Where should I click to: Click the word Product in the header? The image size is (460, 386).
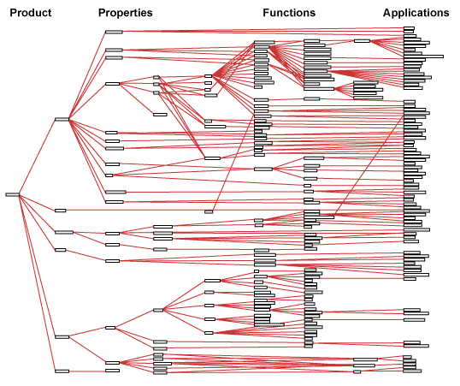[x=31, y=13]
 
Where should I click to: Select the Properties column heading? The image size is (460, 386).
[x=126, y=13]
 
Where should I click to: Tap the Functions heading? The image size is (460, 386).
[x=289, y=13]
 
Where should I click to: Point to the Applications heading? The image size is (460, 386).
[x=416, y=13]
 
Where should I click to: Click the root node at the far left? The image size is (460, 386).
[x=13, y=194]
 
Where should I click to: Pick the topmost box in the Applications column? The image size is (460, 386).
[x=409, y=28]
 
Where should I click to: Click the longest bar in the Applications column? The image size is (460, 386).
[x=423, y=56]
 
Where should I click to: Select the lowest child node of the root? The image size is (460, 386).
[x=62, y=371]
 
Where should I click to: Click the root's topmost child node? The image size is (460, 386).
[x=62, y=119]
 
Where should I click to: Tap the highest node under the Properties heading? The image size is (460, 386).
[x=114, y=32]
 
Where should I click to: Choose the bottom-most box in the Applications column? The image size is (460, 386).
[x=412, y=371]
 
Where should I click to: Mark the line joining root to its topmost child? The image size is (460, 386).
[x=38, y=157]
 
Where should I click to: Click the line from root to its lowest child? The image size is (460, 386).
[x=38, y=283]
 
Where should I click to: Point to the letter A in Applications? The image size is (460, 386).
[x=387, y=13]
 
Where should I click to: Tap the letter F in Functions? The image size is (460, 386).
[x=266, y=13]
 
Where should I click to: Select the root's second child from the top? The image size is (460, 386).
[x=61, y=211]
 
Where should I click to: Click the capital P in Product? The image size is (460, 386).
[x=13, y=13]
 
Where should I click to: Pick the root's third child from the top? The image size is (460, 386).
[x=64, y=232]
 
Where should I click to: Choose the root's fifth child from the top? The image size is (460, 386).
[x=62, y=337]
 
